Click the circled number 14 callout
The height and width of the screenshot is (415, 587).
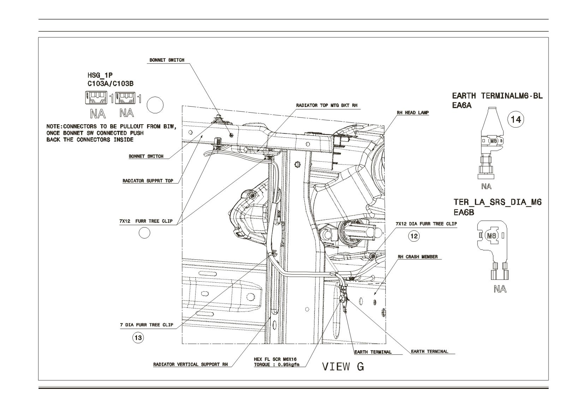point(516,120)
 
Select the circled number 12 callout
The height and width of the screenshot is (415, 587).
point(414,236)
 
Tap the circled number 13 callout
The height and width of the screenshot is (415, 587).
point(138,338)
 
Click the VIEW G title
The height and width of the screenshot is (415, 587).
point(343,367)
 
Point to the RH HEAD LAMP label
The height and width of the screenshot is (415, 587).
point(413,113)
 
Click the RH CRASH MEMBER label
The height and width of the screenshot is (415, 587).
point(418,257)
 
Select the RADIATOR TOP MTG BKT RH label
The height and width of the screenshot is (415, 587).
point(327,105)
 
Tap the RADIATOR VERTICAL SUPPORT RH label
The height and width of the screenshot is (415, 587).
point(191,365)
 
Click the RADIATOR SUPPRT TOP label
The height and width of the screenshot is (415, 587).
point(148,181)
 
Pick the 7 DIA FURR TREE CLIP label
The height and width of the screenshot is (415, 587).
point(147,325)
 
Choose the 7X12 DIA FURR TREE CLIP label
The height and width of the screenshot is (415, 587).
point(426,224)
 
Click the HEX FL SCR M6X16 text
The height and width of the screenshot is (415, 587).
point(275,359)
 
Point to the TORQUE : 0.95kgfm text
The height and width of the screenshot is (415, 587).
point(276,365)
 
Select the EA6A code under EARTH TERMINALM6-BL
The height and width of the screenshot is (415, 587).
point(462,105)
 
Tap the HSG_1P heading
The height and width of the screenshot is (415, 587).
point(100,76)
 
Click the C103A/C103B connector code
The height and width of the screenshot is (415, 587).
point(110,84)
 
